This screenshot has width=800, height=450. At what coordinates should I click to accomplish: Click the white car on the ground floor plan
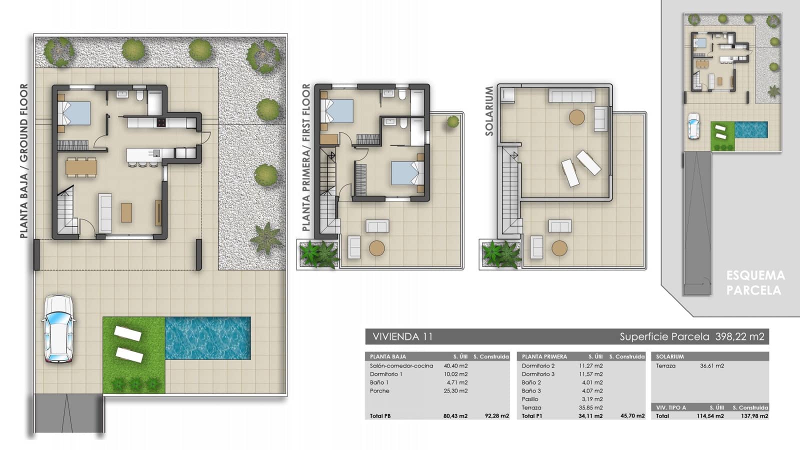click(58, 328)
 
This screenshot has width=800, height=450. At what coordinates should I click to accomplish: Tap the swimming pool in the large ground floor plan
click(207, 338)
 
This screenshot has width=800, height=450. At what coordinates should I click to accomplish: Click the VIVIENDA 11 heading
click(402, 336)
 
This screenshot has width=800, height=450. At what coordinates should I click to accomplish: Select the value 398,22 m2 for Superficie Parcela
click(739, 336)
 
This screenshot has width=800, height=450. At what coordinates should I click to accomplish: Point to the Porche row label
click(379, 391)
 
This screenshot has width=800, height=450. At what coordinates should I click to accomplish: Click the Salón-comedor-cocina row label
click(401, 365)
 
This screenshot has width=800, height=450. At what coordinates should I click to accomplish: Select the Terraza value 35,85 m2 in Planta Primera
click(590, 407)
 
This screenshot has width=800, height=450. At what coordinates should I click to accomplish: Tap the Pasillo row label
click(530, 399)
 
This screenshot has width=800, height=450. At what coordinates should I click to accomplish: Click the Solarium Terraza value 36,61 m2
click(712, 365)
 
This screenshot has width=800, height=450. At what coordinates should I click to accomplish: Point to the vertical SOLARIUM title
click(489, 111)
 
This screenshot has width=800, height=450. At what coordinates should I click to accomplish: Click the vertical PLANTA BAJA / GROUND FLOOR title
click(23, 160)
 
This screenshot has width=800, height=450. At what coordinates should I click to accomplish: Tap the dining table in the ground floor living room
click(81, 166)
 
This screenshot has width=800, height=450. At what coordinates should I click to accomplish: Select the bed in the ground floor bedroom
click(74, 113)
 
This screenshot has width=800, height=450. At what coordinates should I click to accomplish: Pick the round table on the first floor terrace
click(376, 248)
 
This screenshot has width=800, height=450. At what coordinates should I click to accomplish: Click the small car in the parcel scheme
click(693, 126)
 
